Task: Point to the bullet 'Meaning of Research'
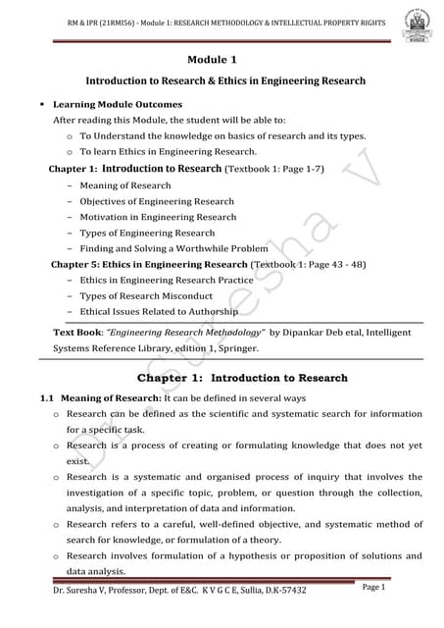125,185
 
